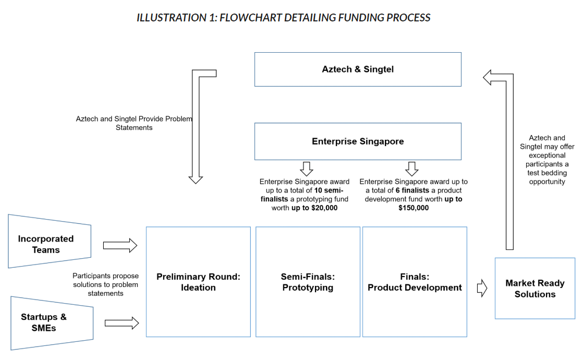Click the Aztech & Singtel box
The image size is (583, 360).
[358, 69]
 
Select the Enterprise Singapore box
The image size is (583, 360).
[358, 141]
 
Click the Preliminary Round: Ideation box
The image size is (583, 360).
[198, 282]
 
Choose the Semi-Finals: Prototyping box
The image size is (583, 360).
[308, 282]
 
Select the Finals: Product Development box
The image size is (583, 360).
[415, 282]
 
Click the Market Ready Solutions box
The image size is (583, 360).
[535, 289]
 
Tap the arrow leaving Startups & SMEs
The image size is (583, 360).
[122, 323]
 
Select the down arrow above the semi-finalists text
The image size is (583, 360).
[307, 169]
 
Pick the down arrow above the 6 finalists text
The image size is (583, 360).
[412, 169]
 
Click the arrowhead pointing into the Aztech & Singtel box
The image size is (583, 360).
[489, 78]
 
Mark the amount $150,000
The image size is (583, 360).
[414, 208]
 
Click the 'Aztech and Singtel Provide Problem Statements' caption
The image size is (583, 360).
[134, 123]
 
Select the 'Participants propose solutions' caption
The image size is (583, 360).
[105, 284]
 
